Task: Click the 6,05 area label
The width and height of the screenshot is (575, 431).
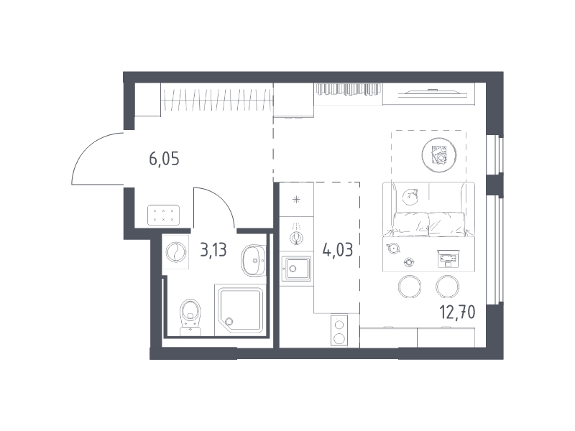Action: [164, 159]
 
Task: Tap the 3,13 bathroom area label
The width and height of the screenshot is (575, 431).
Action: [213, 250]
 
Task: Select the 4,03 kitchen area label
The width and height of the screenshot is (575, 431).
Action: [337, 250]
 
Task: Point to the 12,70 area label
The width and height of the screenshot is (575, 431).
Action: [457, 312]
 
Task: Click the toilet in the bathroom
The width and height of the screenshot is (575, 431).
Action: [190, 317]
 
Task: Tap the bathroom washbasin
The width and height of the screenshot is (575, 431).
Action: [254, 261]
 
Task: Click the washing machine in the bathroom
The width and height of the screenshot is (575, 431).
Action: [175, 252]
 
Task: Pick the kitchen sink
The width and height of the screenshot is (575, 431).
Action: [296, 269]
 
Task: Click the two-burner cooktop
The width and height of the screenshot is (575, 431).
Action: [339, 330]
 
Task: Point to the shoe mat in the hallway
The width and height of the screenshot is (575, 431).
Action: [163, 215]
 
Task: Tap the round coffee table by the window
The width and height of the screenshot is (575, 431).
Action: [439, 154]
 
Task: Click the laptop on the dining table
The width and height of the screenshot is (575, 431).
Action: [448, 258]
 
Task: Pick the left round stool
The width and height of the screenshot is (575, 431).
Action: [410, 287]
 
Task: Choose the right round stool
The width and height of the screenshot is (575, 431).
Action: [447, 287]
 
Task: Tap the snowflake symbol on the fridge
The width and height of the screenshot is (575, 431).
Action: [296, 200]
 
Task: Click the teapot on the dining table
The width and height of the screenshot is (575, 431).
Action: [393, 248]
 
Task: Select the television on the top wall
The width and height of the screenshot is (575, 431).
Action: [433, 93]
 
